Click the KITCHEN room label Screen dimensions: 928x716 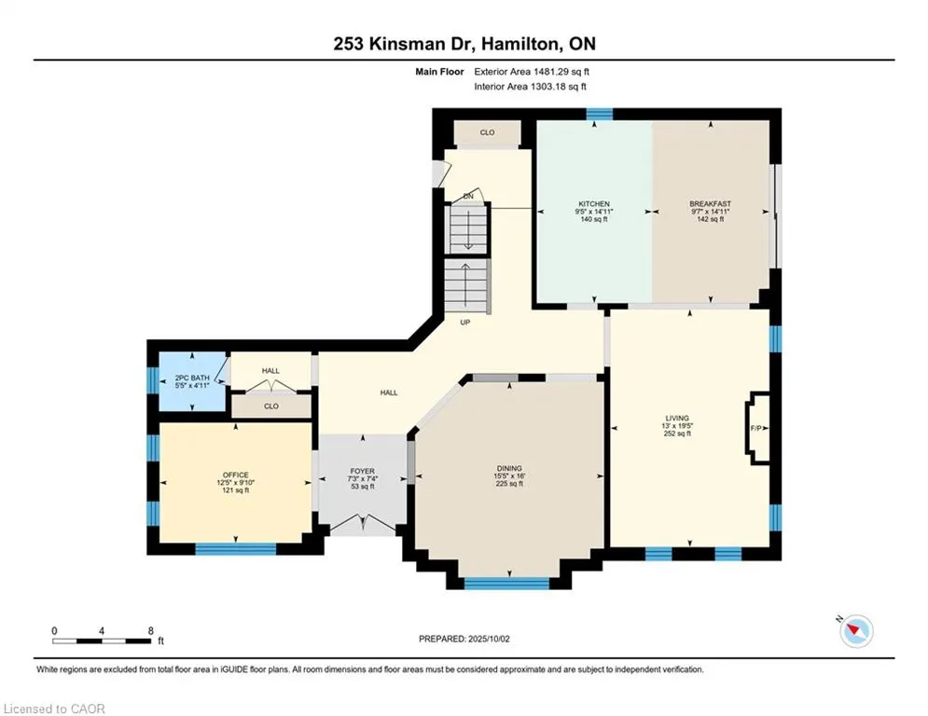[x=593, y=204]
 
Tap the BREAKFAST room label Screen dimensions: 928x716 [x=710, y=204]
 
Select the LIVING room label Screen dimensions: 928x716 [x=677, y=419]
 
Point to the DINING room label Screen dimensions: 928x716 [x=509, y=469]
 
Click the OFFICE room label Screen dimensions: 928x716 [x=236, y=475]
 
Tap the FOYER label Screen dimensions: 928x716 [x=362, y=472]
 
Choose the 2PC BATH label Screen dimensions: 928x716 [x=192, y=379]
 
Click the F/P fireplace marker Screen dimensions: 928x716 [x=755, y=429]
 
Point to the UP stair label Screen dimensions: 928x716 [x=465, y=323]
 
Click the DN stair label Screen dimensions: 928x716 [x=468, y=196]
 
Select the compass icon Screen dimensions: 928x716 [x=856, y=631]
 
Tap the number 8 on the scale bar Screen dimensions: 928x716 [x=151, y=631]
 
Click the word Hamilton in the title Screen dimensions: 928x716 [x=519, y=45]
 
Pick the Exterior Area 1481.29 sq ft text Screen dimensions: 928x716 [x=532, y=72]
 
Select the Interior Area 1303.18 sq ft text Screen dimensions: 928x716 [x=531, y=87]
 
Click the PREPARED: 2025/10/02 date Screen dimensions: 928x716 [x=464, y=639]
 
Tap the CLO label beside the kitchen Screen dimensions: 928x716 [x=487, y=132]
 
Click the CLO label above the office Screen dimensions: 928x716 [x=271, y=406]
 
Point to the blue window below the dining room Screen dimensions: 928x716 [x=506, y=584]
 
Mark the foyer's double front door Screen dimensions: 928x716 [x=363, y=523]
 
